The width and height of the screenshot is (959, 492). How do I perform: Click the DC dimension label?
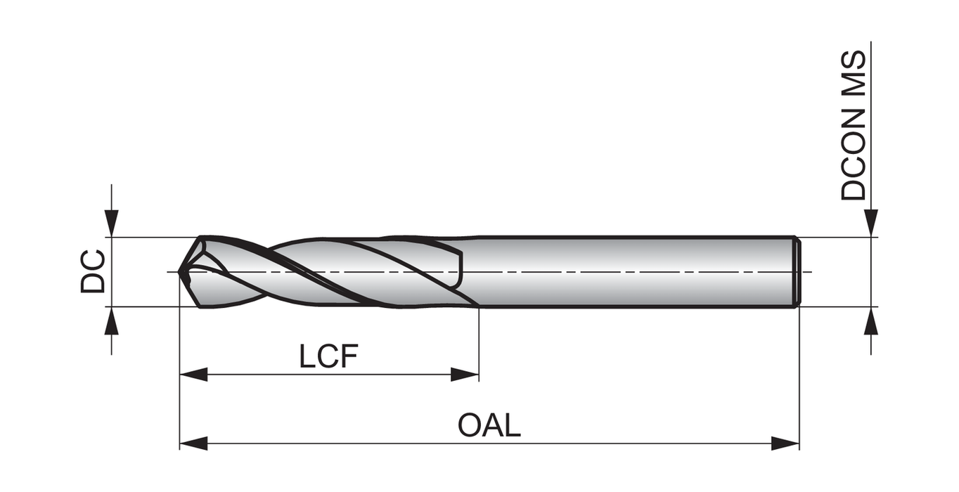pos(93,271)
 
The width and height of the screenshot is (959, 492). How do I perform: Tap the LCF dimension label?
pos(328,357)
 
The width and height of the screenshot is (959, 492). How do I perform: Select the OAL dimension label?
pos(489,426)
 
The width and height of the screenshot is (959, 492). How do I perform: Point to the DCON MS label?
pos(854,125)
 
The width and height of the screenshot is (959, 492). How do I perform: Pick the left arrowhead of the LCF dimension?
pos(193,375)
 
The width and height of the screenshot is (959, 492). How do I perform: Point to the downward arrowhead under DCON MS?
pos(871,224)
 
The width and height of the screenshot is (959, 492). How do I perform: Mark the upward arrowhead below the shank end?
pos(871,321)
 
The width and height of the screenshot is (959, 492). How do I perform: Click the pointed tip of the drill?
pos(181,271)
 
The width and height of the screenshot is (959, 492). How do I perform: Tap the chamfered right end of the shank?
pos(797,271)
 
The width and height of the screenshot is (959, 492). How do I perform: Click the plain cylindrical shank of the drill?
pos(633,271)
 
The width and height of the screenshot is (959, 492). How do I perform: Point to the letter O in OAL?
pos(470,426)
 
